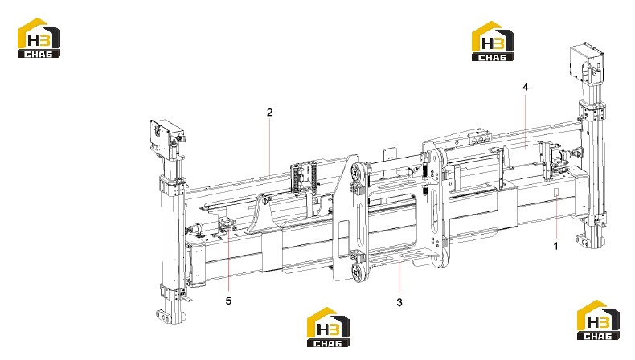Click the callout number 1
point(555,246)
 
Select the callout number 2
point(270,112)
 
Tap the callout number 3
point(399,302)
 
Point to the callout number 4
point(525,87)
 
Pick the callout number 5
point(228,301)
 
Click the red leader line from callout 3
point(399,276)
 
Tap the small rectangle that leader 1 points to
point(556,192)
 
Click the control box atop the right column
point(585,62)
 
